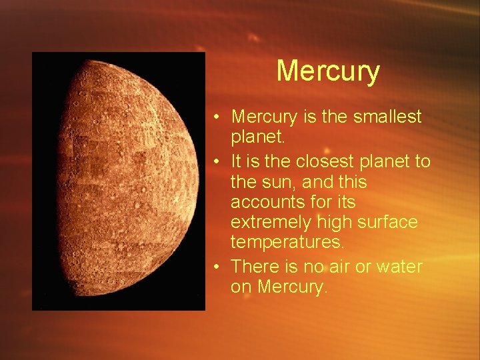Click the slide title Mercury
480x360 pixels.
tap(328, 71)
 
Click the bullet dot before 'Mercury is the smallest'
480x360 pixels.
tap(217, 118)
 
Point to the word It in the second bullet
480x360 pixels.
tap(237, 162)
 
